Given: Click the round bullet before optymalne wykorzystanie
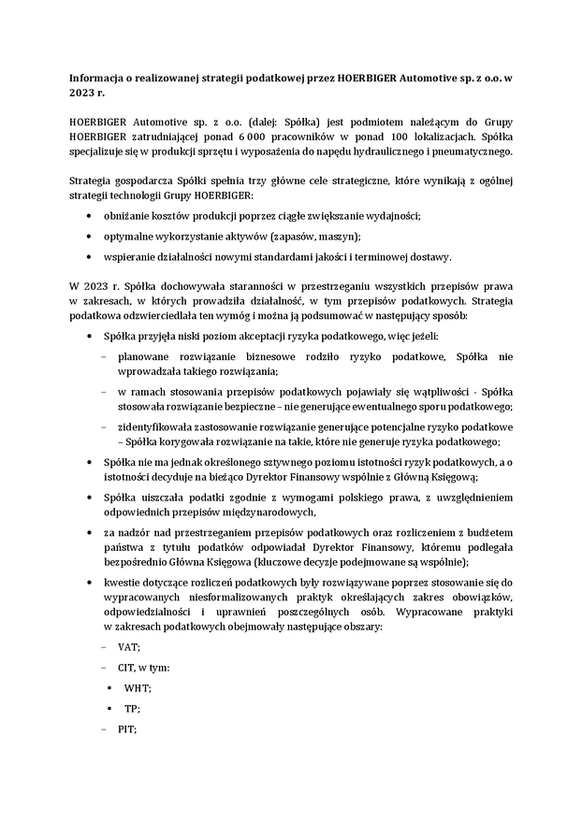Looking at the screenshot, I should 89,237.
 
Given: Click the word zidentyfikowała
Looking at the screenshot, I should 157,426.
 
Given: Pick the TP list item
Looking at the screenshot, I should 132,708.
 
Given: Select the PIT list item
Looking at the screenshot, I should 127,729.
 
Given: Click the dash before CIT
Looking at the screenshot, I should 103,668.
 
